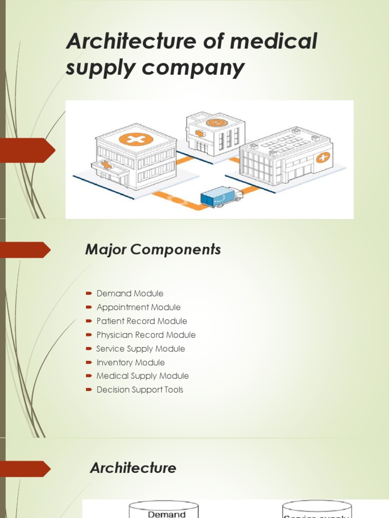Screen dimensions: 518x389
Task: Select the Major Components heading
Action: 153,249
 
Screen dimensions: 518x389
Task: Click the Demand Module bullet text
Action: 130,293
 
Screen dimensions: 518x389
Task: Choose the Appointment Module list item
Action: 138,307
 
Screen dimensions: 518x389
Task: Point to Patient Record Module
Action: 141,321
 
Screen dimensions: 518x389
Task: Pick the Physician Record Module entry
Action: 146,335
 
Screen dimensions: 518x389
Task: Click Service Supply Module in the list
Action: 140,349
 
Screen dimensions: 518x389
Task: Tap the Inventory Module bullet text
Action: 130,362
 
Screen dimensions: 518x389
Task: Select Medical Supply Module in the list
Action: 142,376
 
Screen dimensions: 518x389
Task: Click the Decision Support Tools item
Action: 140,390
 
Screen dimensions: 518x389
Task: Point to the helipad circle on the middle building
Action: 216,123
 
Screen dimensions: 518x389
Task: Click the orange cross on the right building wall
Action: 323,157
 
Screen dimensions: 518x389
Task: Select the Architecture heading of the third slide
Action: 133,468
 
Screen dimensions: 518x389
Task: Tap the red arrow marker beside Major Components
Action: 25,249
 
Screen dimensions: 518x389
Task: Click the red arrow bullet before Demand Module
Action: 88,293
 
